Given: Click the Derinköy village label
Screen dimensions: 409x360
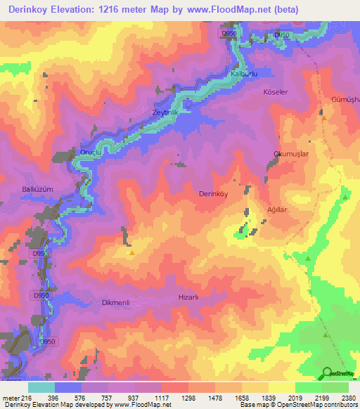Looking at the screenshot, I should [x=214, y=193].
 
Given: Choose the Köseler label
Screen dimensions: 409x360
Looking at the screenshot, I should [x=274, y=92].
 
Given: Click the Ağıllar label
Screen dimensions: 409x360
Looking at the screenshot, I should [x=273, y=208].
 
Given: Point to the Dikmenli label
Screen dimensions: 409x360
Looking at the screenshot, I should [x=108, y=303].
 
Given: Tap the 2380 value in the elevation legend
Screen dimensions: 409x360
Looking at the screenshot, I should [x=349, y=397].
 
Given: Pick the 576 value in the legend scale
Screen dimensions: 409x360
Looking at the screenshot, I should [x=83, y=397].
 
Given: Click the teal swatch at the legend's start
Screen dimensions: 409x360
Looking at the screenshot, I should [x=41, y=387].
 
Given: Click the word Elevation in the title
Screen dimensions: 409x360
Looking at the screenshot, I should [x=87, y=10].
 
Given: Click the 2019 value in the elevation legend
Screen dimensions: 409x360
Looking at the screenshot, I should [x=295, y=397].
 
